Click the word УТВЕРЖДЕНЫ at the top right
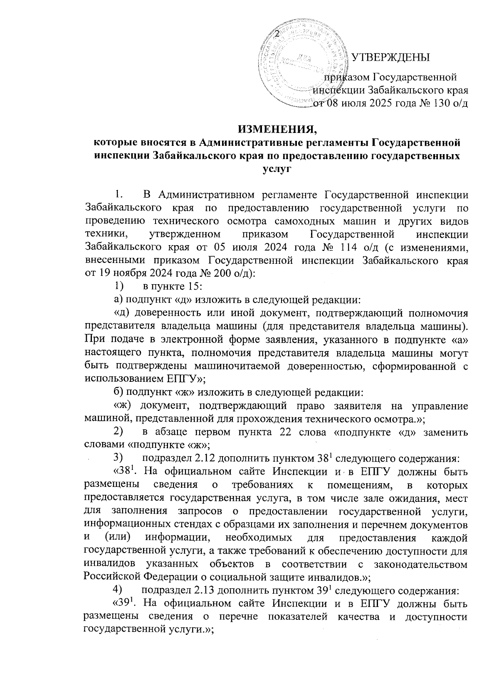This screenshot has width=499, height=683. click(390, 57)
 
